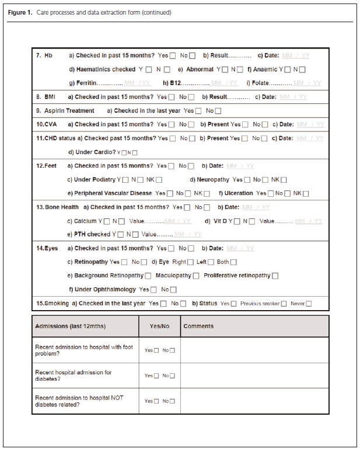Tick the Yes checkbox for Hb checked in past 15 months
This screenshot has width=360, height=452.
tap(172, 56)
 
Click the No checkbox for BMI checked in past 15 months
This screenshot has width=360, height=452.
tap(191, 98)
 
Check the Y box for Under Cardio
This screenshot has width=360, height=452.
tap(123, 153)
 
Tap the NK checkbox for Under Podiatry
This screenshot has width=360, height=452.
tap(159, 180)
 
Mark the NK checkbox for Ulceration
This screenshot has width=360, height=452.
tap(306, 194)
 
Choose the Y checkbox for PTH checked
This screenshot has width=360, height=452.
tap(120, 235)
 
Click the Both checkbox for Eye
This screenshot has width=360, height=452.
tap(233, 262)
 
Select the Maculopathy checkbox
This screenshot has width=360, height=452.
tap(196, 276)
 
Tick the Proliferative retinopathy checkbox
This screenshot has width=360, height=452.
tap(275, 276)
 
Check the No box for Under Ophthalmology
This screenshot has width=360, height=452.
tap(173, 290)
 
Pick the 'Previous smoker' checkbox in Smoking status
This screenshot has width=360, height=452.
tap(284, 304)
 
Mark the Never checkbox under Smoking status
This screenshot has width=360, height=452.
tap(309, 304)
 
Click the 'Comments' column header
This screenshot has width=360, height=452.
tap(198, 326)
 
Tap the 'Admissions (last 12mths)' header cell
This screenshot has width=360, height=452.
tap(71, 326)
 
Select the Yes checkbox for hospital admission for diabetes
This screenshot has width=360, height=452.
tap(156, 376)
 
